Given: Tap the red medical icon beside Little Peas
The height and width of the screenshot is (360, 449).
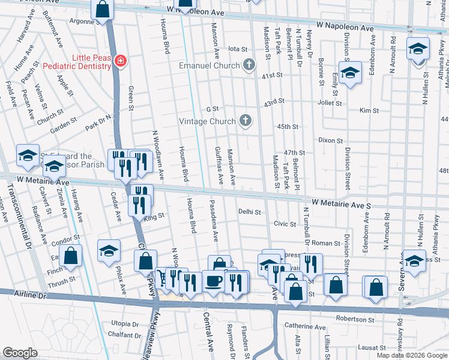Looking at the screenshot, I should point(121,61).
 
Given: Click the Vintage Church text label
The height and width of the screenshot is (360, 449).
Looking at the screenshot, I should point(207,121).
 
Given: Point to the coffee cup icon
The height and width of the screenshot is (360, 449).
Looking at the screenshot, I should point(212,281).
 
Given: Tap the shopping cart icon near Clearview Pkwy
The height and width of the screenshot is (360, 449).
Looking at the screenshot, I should point(162,277).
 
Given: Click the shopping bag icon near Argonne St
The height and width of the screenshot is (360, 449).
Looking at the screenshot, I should point(103,8).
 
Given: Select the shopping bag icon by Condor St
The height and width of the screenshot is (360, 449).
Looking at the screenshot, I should point(71,255).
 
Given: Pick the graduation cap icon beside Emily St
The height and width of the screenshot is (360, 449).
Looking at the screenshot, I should point(349,73).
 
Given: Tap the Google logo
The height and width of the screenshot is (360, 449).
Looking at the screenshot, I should point(20,353).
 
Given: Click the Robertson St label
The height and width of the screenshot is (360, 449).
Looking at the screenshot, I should point(355,319).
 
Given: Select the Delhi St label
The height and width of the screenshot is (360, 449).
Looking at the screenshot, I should point(250,212).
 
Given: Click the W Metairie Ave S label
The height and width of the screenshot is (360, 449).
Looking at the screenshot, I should point(342,204).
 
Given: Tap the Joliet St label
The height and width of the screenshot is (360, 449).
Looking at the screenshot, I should point(329,103).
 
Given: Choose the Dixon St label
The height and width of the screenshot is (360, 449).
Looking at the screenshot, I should point(330,140).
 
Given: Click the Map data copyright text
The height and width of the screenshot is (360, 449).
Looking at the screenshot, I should point(411,355).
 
